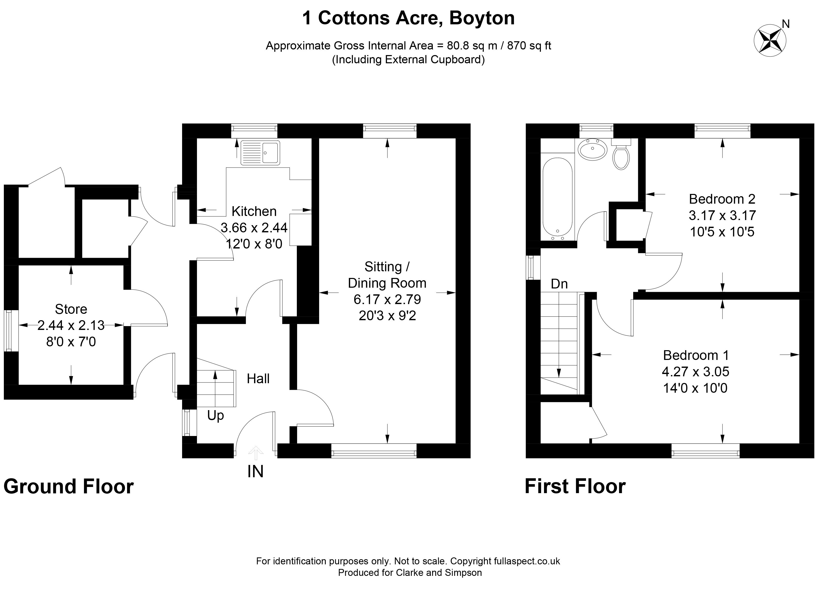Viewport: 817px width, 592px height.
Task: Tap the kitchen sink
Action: point(260,153)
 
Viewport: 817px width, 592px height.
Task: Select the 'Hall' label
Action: point(258,379)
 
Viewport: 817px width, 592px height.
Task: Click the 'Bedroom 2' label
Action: point(722,199)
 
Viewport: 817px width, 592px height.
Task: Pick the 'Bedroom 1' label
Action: point(696,355)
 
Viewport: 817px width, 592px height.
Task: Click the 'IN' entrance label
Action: point(255,472)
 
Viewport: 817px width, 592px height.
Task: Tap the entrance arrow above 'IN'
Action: point(256,453)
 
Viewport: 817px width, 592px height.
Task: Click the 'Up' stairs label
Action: point(215,416)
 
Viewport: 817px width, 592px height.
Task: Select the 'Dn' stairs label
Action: point(559,284)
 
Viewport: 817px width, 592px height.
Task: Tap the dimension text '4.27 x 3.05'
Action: point(696,371)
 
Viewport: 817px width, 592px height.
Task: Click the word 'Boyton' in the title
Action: point(482,18)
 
